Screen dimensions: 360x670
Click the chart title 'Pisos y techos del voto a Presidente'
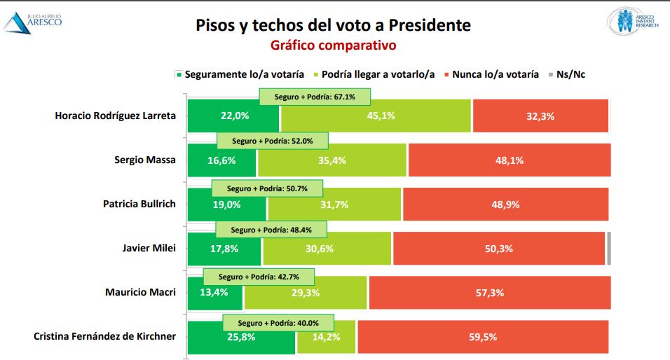tap(333, 26)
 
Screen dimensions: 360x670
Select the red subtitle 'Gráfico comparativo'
tap(334, 46)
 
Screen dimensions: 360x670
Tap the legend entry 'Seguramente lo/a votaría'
tap(239, 74)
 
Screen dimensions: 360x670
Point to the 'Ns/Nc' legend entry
tap(566, 74)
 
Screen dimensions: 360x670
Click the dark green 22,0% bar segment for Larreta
tap(233, 116)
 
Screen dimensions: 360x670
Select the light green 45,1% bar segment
tap(375, 116)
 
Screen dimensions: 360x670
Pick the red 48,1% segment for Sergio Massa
tap(510, 160)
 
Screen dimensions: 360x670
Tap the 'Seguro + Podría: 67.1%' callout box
tap(315, 97)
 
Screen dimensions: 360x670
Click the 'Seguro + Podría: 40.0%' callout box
tap(278, 323)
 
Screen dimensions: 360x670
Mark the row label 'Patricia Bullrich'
tap(139, 204)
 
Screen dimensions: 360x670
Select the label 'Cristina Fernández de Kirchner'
tap(104, 336)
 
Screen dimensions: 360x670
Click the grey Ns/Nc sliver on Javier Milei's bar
tap(609, 248)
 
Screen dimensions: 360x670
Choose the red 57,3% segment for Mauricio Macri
tap(489, 292)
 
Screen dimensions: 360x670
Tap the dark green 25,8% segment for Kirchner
tap(241, 338)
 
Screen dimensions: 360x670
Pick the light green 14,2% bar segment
tap(326, 338)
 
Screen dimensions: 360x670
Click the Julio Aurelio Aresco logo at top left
tap(33, 22)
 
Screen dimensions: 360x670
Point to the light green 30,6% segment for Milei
tap(327, 248)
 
